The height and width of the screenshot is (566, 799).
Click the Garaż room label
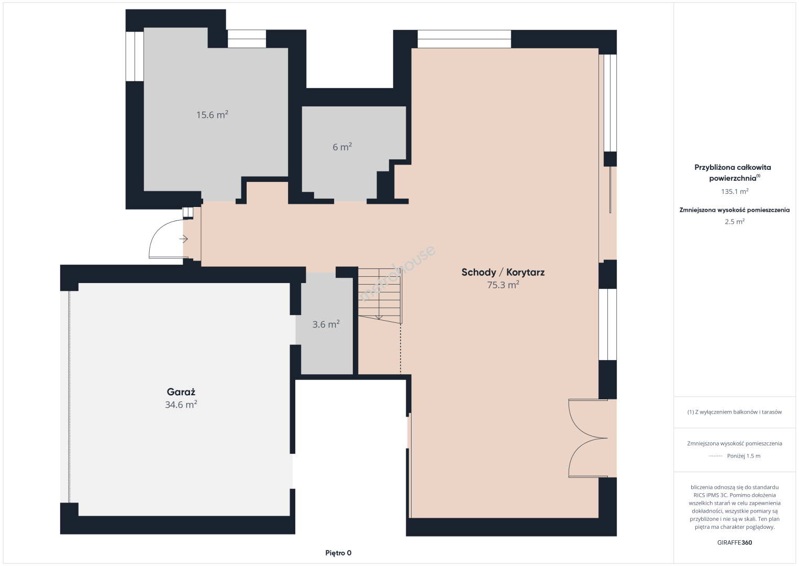click(181, 392)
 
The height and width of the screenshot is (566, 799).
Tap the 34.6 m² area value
click(181, 404)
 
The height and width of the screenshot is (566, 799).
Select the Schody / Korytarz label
click(503, 273)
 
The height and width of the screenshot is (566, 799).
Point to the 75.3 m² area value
click(503, 285)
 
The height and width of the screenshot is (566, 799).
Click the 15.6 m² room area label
click(212, 115)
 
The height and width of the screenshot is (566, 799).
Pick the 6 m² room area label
click(342, 147)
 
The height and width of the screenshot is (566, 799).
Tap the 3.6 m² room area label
click(326, 324)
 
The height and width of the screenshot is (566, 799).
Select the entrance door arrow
click(183, 238)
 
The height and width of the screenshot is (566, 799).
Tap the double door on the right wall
click(588, 438)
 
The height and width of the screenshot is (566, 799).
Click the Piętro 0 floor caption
click(338, 553)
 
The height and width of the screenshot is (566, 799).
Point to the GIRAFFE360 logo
click(735, 542)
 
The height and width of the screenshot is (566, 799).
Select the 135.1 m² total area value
click(735, 191)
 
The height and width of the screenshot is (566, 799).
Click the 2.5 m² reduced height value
click(735, 221)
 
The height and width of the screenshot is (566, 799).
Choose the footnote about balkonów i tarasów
click(735, 412)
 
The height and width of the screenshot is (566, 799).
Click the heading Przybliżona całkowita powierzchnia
click(733, 172)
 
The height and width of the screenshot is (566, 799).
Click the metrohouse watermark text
click(397, 273)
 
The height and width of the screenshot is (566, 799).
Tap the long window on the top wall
click(464, 39)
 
